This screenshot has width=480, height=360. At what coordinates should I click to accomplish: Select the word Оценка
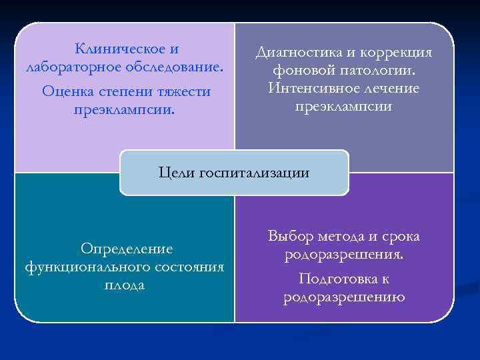[66, 91]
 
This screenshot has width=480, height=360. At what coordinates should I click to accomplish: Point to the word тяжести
[182, 91]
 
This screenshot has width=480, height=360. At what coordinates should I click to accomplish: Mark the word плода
[125, 285]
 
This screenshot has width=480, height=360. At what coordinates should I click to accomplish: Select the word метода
[347, 236]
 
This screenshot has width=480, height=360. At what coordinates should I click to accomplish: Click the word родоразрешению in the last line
[343, 297]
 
